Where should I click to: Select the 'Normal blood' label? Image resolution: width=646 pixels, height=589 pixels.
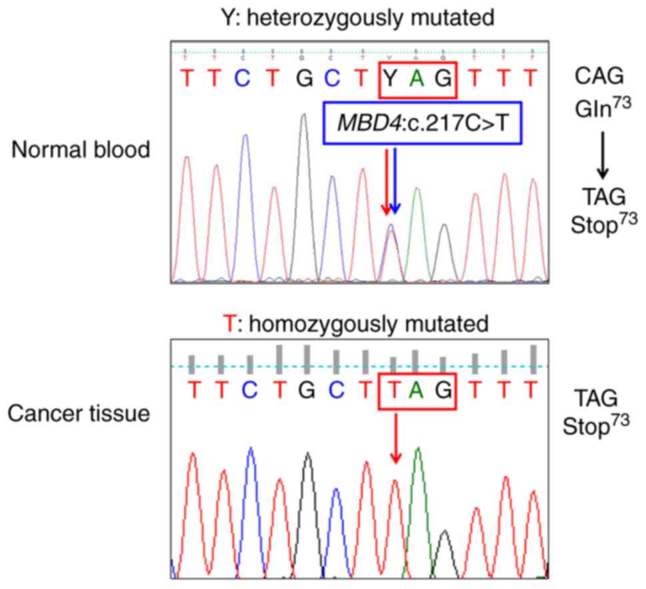(80, 150)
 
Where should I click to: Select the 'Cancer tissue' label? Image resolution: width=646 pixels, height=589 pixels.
(78, 414)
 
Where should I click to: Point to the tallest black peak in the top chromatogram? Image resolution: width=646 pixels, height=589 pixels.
(304, 120)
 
